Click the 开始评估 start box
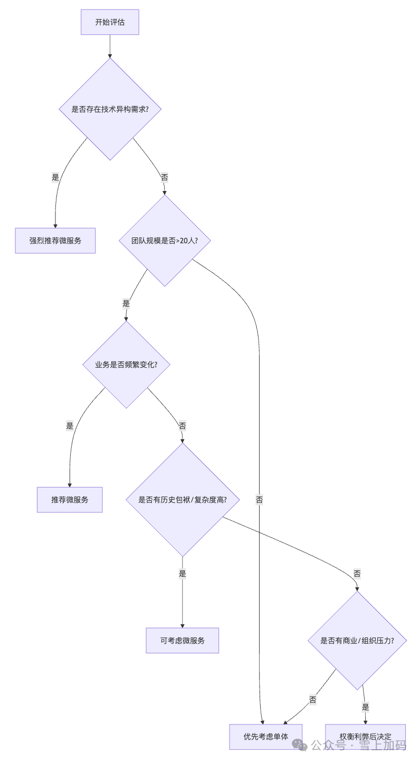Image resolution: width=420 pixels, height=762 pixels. coord(110,22)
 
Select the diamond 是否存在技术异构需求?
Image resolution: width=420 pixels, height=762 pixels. coord(110,109)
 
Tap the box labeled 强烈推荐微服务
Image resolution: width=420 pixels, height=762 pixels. coord(55,241)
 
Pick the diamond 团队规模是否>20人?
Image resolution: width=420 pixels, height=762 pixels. coord(165,241)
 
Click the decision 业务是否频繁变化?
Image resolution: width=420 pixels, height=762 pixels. coord(126,365)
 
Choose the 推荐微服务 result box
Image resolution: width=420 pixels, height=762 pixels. coord(70,500)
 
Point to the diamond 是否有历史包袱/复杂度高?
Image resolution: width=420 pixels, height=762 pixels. coord(183,500)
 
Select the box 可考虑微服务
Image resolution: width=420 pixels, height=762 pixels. coord(183,641)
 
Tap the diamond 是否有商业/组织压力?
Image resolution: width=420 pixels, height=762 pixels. coord(357,641)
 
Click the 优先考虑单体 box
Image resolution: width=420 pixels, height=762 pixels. coord(266,737)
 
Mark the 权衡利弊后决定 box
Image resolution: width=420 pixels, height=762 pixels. coord(365,737)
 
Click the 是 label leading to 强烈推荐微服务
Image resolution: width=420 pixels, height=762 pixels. coord(55,177)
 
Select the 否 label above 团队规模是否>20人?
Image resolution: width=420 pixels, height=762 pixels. coord(165,177)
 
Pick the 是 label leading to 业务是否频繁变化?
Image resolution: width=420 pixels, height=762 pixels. coord(126,303)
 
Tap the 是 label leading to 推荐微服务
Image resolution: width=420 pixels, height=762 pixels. coord(70,425)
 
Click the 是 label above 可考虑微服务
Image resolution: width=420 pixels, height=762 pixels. coord(183,574)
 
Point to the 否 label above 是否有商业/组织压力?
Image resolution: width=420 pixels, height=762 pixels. coord(357,574)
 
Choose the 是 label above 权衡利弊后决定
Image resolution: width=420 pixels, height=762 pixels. coord(365,707)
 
